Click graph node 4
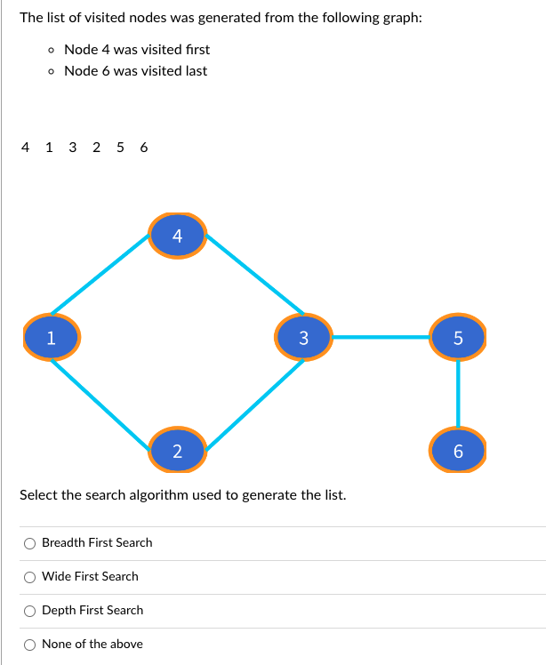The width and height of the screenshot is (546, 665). tap(177, 236)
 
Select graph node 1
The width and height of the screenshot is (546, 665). tap(52, 336)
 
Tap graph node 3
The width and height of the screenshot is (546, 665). tap(303, 336)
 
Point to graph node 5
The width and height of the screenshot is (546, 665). tap(458, 336)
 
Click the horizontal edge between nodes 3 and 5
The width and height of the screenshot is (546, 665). tap(381, 337)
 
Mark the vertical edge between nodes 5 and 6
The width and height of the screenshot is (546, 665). tap(458, 393)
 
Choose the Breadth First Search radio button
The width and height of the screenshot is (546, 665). tap(30, 543)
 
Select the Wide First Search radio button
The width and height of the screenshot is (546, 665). tap(30, 577)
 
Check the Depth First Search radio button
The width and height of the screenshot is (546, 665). tap(30, 611)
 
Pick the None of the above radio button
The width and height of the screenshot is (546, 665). tap(30, 645)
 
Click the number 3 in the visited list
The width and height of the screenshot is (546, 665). tap(73, 147)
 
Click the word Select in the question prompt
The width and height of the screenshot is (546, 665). tap(38, 494)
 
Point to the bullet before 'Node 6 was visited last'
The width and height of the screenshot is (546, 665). tap(52, 71)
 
